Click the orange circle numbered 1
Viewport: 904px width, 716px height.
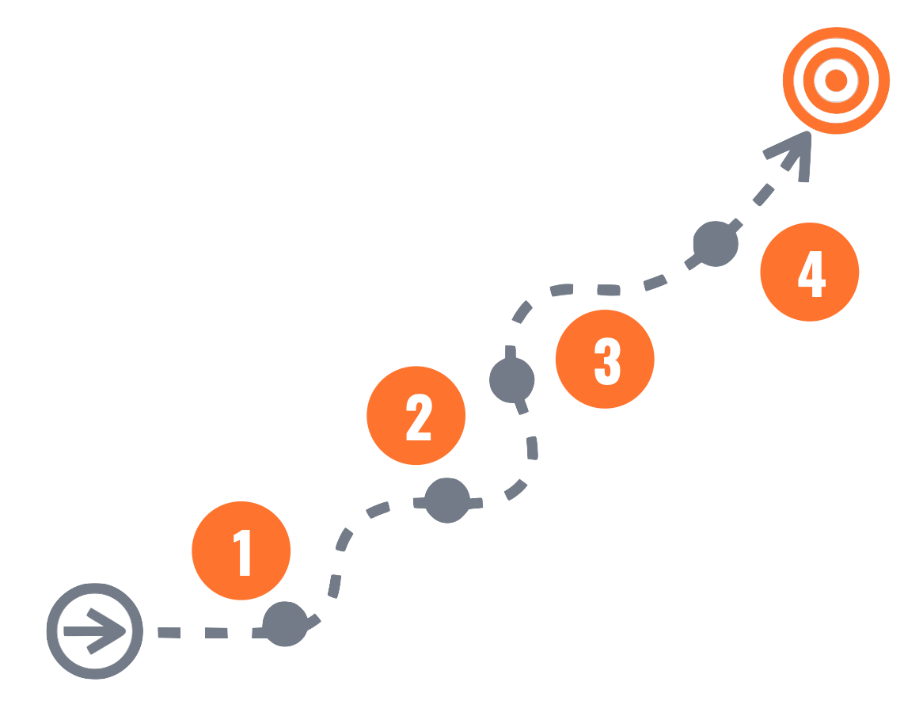241,550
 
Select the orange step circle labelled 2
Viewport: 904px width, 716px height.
416,416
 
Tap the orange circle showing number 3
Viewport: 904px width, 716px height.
606,360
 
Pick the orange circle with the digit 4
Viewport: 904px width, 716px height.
809,272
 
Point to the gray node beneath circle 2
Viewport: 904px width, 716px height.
447,501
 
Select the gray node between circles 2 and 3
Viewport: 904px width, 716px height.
512,379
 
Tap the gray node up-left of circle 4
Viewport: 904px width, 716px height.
716,243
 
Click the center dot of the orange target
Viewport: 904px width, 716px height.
836,80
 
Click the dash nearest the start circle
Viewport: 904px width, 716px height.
169,632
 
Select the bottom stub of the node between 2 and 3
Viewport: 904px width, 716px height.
520,407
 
